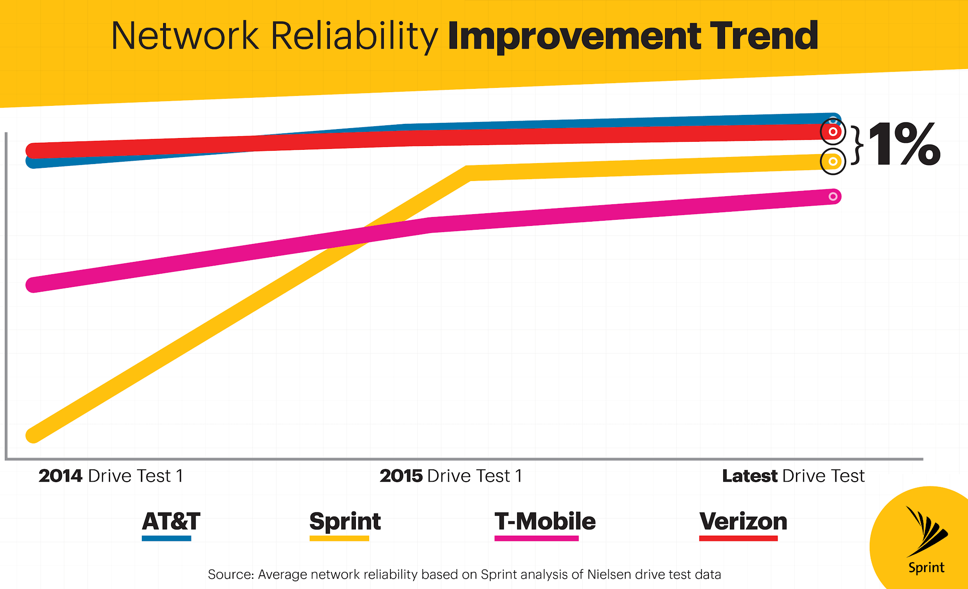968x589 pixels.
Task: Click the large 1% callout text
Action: coord(904,145)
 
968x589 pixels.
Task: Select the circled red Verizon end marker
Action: coord(833,132)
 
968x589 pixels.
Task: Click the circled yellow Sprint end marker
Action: coord(833,162)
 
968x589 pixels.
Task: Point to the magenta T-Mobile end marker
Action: coord(833,196)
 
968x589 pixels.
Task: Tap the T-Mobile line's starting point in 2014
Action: coord(33,285)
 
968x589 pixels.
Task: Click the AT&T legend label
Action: coord(171,521)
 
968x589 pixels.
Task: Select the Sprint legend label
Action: coord(345,521)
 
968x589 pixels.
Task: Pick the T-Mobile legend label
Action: coord(545,521)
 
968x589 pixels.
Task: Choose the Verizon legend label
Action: coord(743,521)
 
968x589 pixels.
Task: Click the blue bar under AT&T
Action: coord(166,538)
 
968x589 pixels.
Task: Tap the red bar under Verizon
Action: coord(738,538)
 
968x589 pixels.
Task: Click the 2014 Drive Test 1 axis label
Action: coord(111,476)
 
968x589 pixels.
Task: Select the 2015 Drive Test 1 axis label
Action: coord(451,476)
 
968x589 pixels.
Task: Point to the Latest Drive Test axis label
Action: coord(793,476)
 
